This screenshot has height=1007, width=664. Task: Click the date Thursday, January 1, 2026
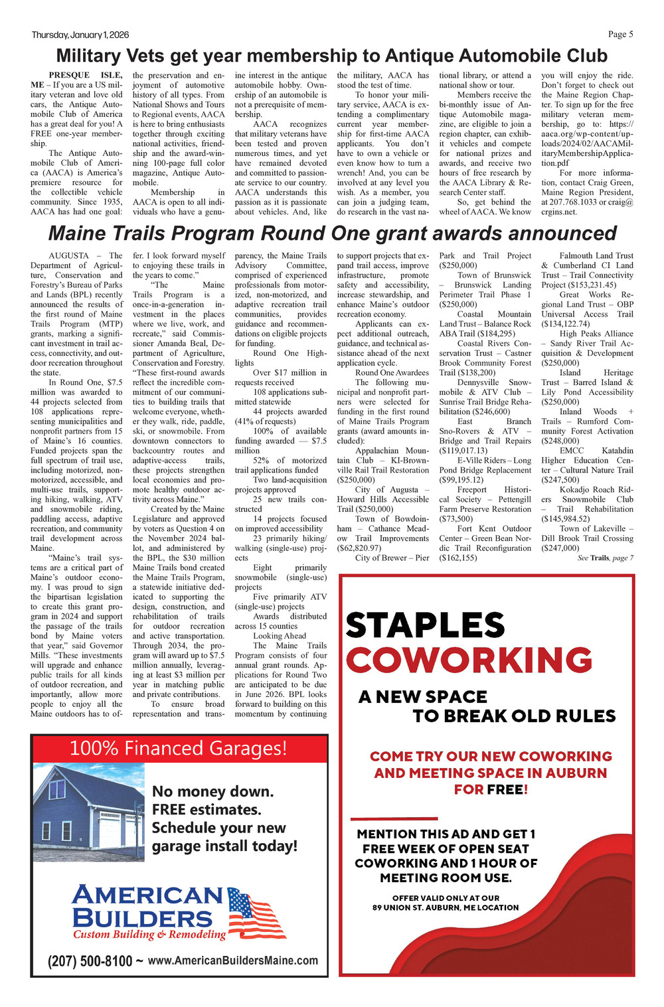(x=80, y=35)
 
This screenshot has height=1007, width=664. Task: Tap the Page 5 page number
(x=620, y=35)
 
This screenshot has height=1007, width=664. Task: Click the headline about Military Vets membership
(x=331, y=55)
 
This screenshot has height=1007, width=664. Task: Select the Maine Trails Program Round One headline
(x=332, y=234)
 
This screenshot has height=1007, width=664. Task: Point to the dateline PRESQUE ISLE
(x=85, y=76)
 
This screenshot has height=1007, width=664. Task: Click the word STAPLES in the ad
(x=425, y=625)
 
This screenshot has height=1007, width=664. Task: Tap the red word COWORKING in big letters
(x=469, y=660)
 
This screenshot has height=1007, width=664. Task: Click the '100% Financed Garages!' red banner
(x=179, y=748)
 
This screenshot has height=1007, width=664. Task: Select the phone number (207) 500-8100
(x=90, y=961)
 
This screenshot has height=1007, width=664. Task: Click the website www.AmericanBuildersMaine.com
(x=233, y=961)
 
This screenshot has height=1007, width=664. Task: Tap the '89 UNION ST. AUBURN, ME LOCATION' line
(x=446, y=907)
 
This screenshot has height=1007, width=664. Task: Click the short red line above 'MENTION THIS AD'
(x=394, y=818)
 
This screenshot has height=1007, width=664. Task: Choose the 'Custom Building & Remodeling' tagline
(x=149, y=935)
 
